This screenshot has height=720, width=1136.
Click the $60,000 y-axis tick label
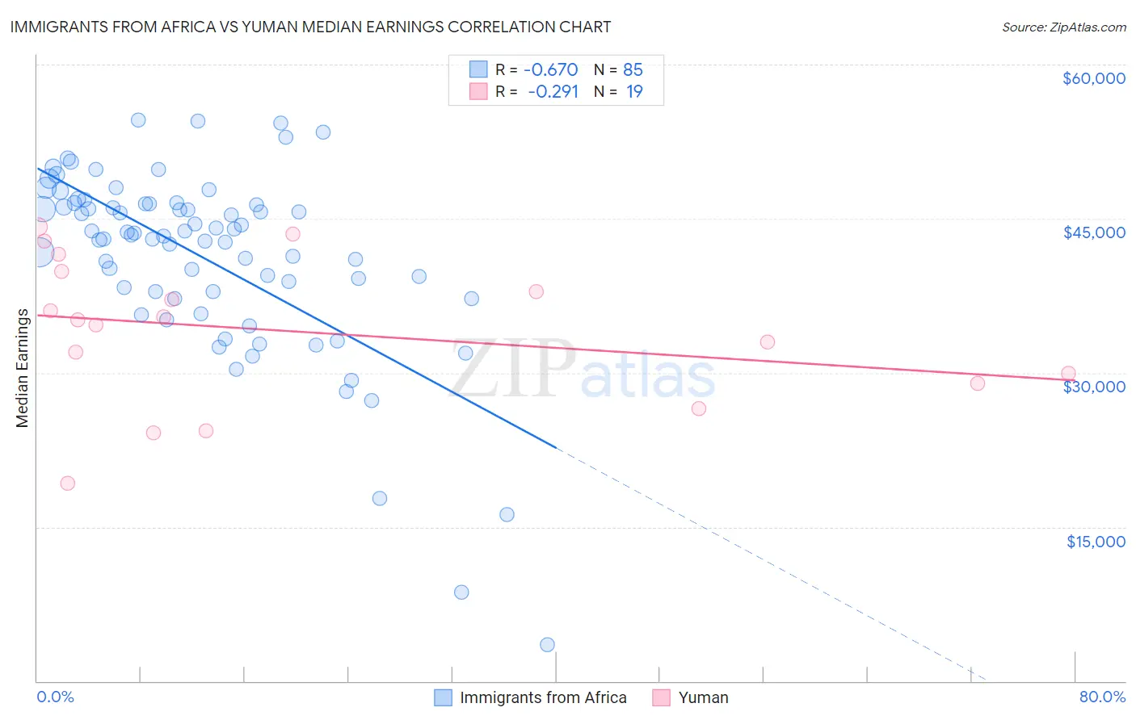(x=1093, y=78)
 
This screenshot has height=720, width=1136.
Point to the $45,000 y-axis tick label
(x=1093, y=232)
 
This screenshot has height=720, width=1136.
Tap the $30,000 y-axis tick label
(x=1093, y=387)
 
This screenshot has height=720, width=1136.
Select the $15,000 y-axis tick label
(x=1096, y=542)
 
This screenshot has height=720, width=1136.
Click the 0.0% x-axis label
(x=55, y=697)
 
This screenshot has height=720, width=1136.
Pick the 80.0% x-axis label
(x=1102, y=697)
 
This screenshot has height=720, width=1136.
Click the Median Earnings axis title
(x=23, y=367)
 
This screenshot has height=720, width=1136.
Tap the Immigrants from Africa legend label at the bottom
(x=543, y=697)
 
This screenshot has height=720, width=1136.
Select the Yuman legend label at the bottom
(x=703, y=697)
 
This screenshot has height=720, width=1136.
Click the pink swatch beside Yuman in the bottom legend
(x=662, y=697)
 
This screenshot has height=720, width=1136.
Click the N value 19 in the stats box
(x=634, y=91)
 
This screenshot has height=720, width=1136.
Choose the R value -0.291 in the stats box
(x=553, y=91)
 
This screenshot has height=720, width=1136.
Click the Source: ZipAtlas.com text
(x=1063, y=27)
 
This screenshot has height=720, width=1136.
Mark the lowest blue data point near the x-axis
(x=547, y=644)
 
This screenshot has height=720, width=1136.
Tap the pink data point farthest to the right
(x=1068, y=374)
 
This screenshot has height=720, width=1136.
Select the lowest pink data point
(x=68, y=483)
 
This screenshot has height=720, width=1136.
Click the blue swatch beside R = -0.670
(x=478, y=69)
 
